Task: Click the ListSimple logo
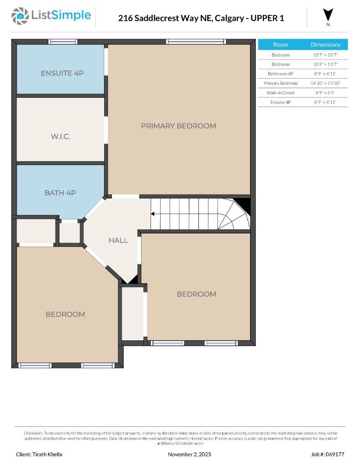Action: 51,16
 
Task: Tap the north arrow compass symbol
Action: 328,15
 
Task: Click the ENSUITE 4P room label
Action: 62,73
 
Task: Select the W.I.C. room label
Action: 61,137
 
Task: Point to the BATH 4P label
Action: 60,193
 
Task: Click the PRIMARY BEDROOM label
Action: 178,126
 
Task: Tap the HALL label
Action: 118,240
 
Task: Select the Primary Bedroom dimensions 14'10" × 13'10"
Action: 325,83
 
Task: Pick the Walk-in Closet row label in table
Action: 280,93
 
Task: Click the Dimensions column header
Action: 325,45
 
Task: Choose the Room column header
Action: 280,45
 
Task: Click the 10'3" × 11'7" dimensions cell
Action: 325,64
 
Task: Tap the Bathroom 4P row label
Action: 280,74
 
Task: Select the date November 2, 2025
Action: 189,454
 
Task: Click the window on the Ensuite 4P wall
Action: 63,41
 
